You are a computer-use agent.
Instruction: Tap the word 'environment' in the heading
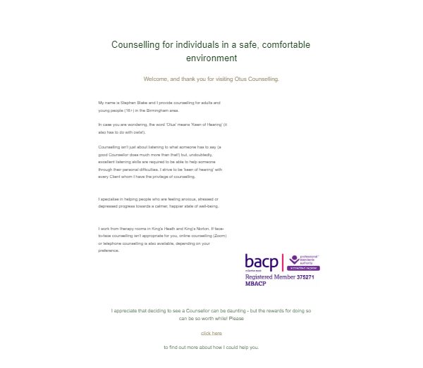pos(211,58)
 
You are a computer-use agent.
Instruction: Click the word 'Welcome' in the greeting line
pos(157,79)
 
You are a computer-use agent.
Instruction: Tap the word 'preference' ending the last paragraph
pos(109,250)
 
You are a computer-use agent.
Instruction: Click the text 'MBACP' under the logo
pos(255,284)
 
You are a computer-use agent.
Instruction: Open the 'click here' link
pos(211,333)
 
